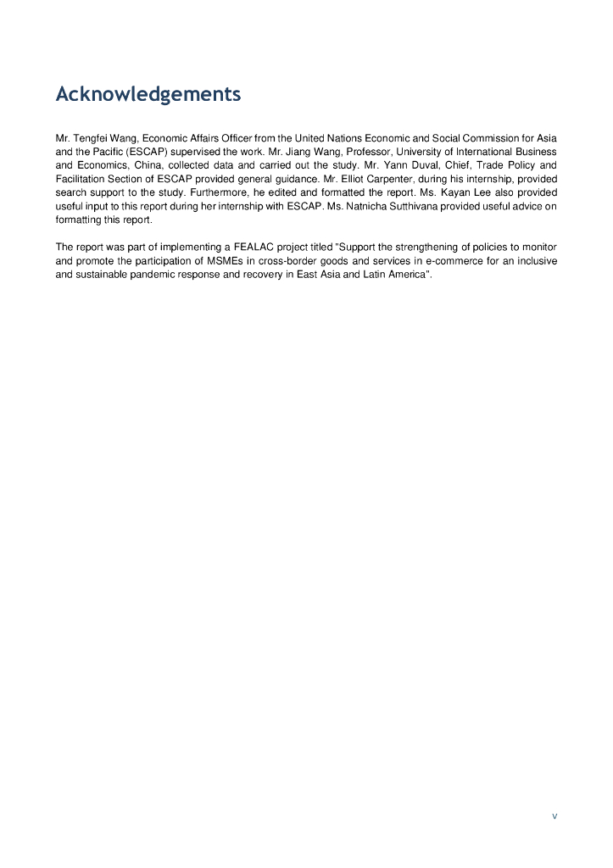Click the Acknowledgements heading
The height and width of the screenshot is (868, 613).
tap(148, 94)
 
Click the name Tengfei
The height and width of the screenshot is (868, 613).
tap(90, 138)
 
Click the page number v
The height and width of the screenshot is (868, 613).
tap(554, 816)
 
